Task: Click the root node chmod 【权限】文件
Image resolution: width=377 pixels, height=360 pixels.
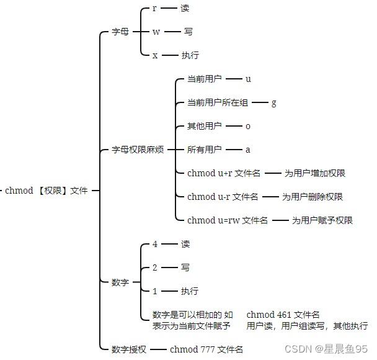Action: pos(47,191)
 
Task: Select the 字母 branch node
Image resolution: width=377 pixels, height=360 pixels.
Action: pos(120,32)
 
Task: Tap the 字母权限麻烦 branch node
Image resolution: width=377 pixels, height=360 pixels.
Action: pos(138,150)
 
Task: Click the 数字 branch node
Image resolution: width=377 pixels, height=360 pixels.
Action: pos(120,282)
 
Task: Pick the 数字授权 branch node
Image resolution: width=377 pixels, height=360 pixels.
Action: pos(129,349)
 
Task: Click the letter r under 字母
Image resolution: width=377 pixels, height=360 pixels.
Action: pos(154,8)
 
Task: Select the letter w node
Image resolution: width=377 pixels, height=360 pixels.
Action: pos(156,32)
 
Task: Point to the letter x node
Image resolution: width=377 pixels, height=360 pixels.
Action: pos(155,55)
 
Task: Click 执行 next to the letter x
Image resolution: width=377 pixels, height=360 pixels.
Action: pos(190,55)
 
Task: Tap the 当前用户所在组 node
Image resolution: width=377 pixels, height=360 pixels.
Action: pos(218,102)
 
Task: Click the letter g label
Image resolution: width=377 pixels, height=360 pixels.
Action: pos(274,102)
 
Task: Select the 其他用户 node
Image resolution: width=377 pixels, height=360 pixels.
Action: pos(205,126)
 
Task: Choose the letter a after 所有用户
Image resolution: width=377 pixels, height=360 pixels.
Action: pos(248,150)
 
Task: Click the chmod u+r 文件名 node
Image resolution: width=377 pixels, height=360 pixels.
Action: pos(224,173)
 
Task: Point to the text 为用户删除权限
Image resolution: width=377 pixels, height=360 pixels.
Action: pos(313,197)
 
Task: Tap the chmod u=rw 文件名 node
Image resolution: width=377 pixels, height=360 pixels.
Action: pos(228,220)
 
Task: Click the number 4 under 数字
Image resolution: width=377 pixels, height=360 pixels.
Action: pos(155,244)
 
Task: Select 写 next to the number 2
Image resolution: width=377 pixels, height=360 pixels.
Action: pos(185,268)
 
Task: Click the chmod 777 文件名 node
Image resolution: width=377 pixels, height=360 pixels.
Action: pos(206,349)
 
